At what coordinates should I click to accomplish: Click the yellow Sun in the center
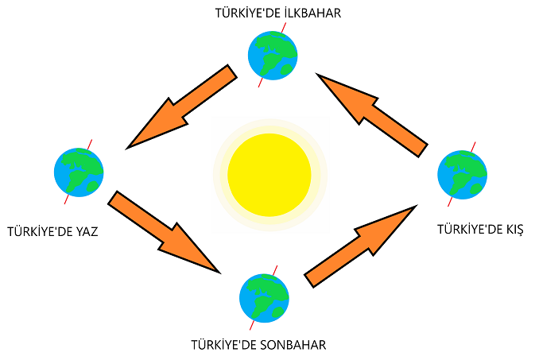click(x=269, y=174)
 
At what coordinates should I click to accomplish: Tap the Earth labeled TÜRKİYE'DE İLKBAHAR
click(x=273, y=53)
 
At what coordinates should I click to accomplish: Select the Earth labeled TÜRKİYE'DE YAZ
click(x=78, y=171)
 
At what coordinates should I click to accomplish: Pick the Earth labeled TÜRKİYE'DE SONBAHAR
click(x=264, y=296)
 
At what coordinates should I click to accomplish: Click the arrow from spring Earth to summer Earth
click(x=183, y=107)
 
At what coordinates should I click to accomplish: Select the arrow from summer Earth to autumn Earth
click(x=163, y=232)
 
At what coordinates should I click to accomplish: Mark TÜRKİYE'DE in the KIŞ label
click(x=469, y=229)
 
